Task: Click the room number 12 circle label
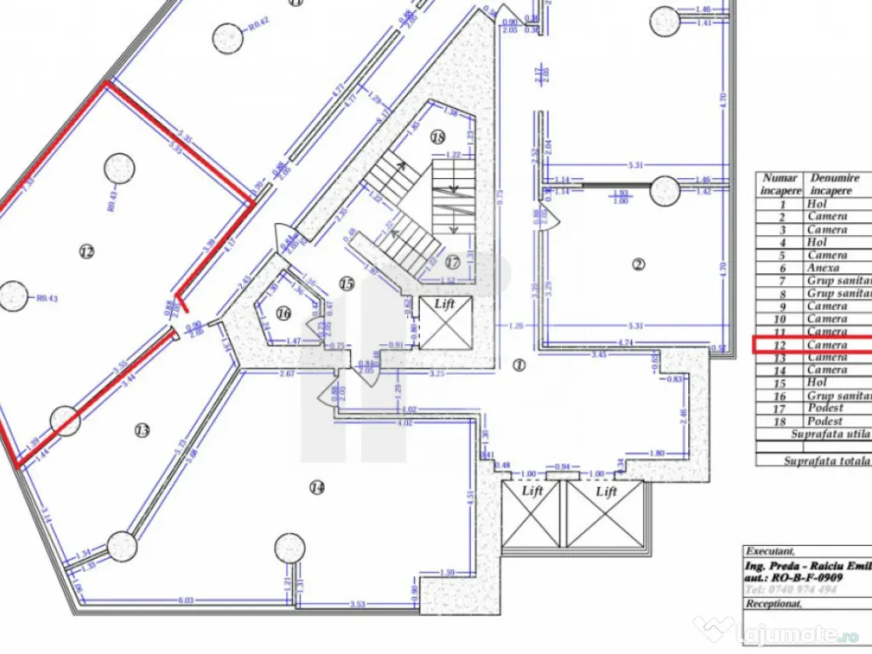86,251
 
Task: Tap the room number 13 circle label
142,431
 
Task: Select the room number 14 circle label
317,488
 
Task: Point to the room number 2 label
639,264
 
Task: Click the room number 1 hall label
519,365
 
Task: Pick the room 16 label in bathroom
284,313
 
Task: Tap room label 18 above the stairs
439,136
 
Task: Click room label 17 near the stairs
452,261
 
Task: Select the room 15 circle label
346,284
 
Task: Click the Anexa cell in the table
825,267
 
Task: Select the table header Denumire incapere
834,185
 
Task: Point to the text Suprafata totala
825,460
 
